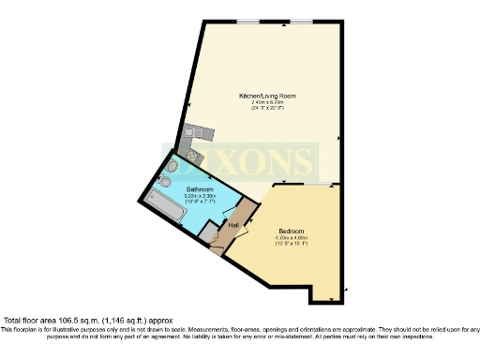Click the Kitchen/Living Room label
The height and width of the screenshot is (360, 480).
[x=267, y=96]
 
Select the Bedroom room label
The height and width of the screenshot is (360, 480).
[x=292, y=231]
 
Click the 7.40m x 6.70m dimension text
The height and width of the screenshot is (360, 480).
[x=267, y=102]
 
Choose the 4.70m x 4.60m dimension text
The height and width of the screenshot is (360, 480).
[x=292, y=237]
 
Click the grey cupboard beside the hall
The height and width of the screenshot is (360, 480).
[x=247, y=207]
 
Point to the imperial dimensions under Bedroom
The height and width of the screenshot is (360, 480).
[x=292, y=244]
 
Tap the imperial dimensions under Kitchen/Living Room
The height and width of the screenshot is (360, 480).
[x=267, y=109]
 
